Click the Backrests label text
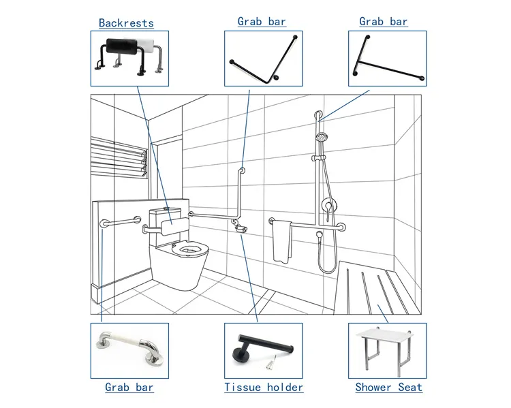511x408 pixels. tap(126, 23)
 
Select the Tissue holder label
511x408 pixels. tap(264, 388)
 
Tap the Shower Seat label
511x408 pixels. tap(388, 388)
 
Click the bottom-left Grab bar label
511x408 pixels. tap(129, 388)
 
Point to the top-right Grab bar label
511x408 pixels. tap(384, 22)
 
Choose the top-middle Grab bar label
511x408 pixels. tap(262, 22)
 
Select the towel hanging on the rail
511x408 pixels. tap(281, 242)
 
